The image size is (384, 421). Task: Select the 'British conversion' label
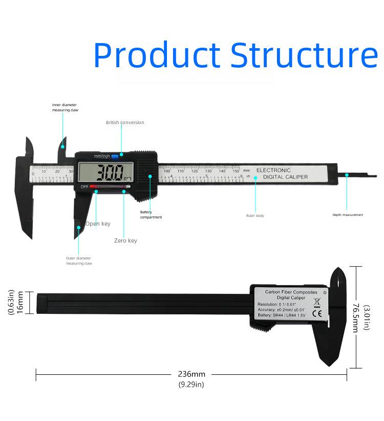point(125,123)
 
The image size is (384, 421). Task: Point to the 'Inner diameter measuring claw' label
point(65,107)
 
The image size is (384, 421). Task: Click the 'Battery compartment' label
point(151,214)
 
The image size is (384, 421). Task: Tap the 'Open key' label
point(98,224)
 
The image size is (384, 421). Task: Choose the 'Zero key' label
point(125,240)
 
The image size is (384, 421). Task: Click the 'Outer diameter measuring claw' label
point(79,260)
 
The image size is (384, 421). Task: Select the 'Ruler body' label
point(255,216)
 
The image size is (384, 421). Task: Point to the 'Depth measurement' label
point(348,215)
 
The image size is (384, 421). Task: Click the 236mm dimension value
point(191,374)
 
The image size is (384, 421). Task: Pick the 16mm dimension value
point(20,304)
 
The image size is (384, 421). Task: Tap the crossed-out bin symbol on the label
point(316,302)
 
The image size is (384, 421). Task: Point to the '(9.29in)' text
point(191,385)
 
